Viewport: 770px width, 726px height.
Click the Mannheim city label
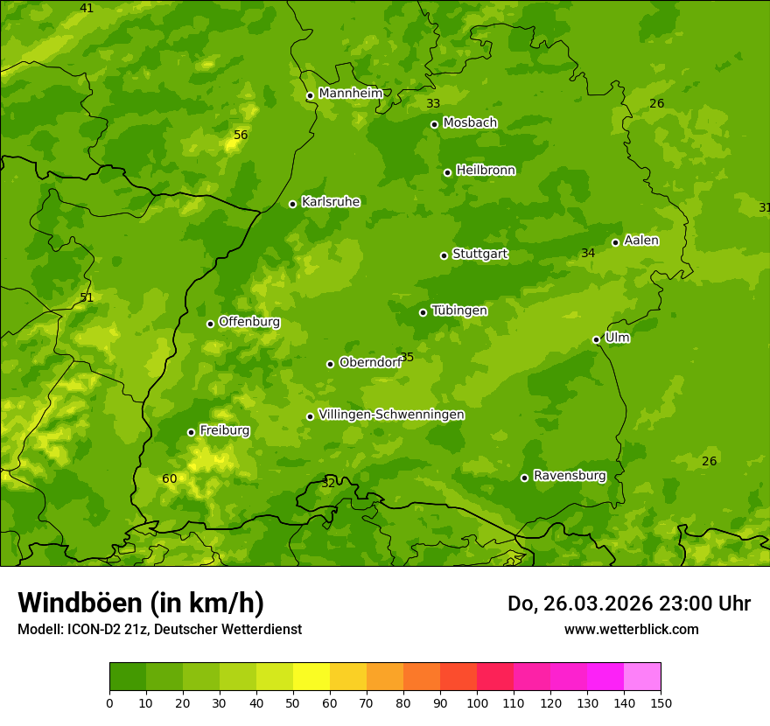(350, 94)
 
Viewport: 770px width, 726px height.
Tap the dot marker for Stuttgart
(444, 255)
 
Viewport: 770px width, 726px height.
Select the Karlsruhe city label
(330, 202)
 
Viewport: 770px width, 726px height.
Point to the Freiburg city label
(224, 430)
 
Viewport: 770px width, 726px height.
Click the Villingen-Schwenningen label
(391, 415)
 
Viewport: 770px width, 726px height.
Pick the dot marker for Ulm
(596, 339)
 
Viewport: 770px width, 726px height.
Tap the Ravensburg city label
(569, 476)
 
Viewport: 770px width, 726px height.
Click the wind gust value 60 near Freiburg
(169, 478)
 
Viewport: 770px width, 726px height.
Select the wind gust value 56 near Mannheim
(241, 135)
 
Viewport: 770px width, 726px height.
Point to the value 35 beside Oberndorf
(407, 357)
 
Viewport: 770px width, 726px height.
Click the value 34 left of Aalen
(588, 253)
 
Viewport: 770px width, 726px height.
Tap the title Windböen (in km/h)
(141, 603)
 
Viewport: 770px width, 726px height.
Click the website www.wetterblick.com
(631, 629)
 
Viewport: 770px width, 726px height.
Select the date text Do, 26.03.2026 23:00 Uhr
(628, 604)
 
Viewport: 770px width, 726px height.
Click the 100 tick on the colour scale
(477, 702)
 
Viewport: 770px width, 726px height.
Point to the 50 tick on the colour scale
(293, 702)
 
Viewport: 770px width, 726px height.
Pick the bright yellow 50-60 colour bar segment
(311, 677)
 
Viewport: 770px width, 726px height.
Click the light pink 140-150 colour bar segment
(642, 677)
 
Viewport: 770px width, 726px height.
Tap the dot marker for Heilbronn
(447, 172)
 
